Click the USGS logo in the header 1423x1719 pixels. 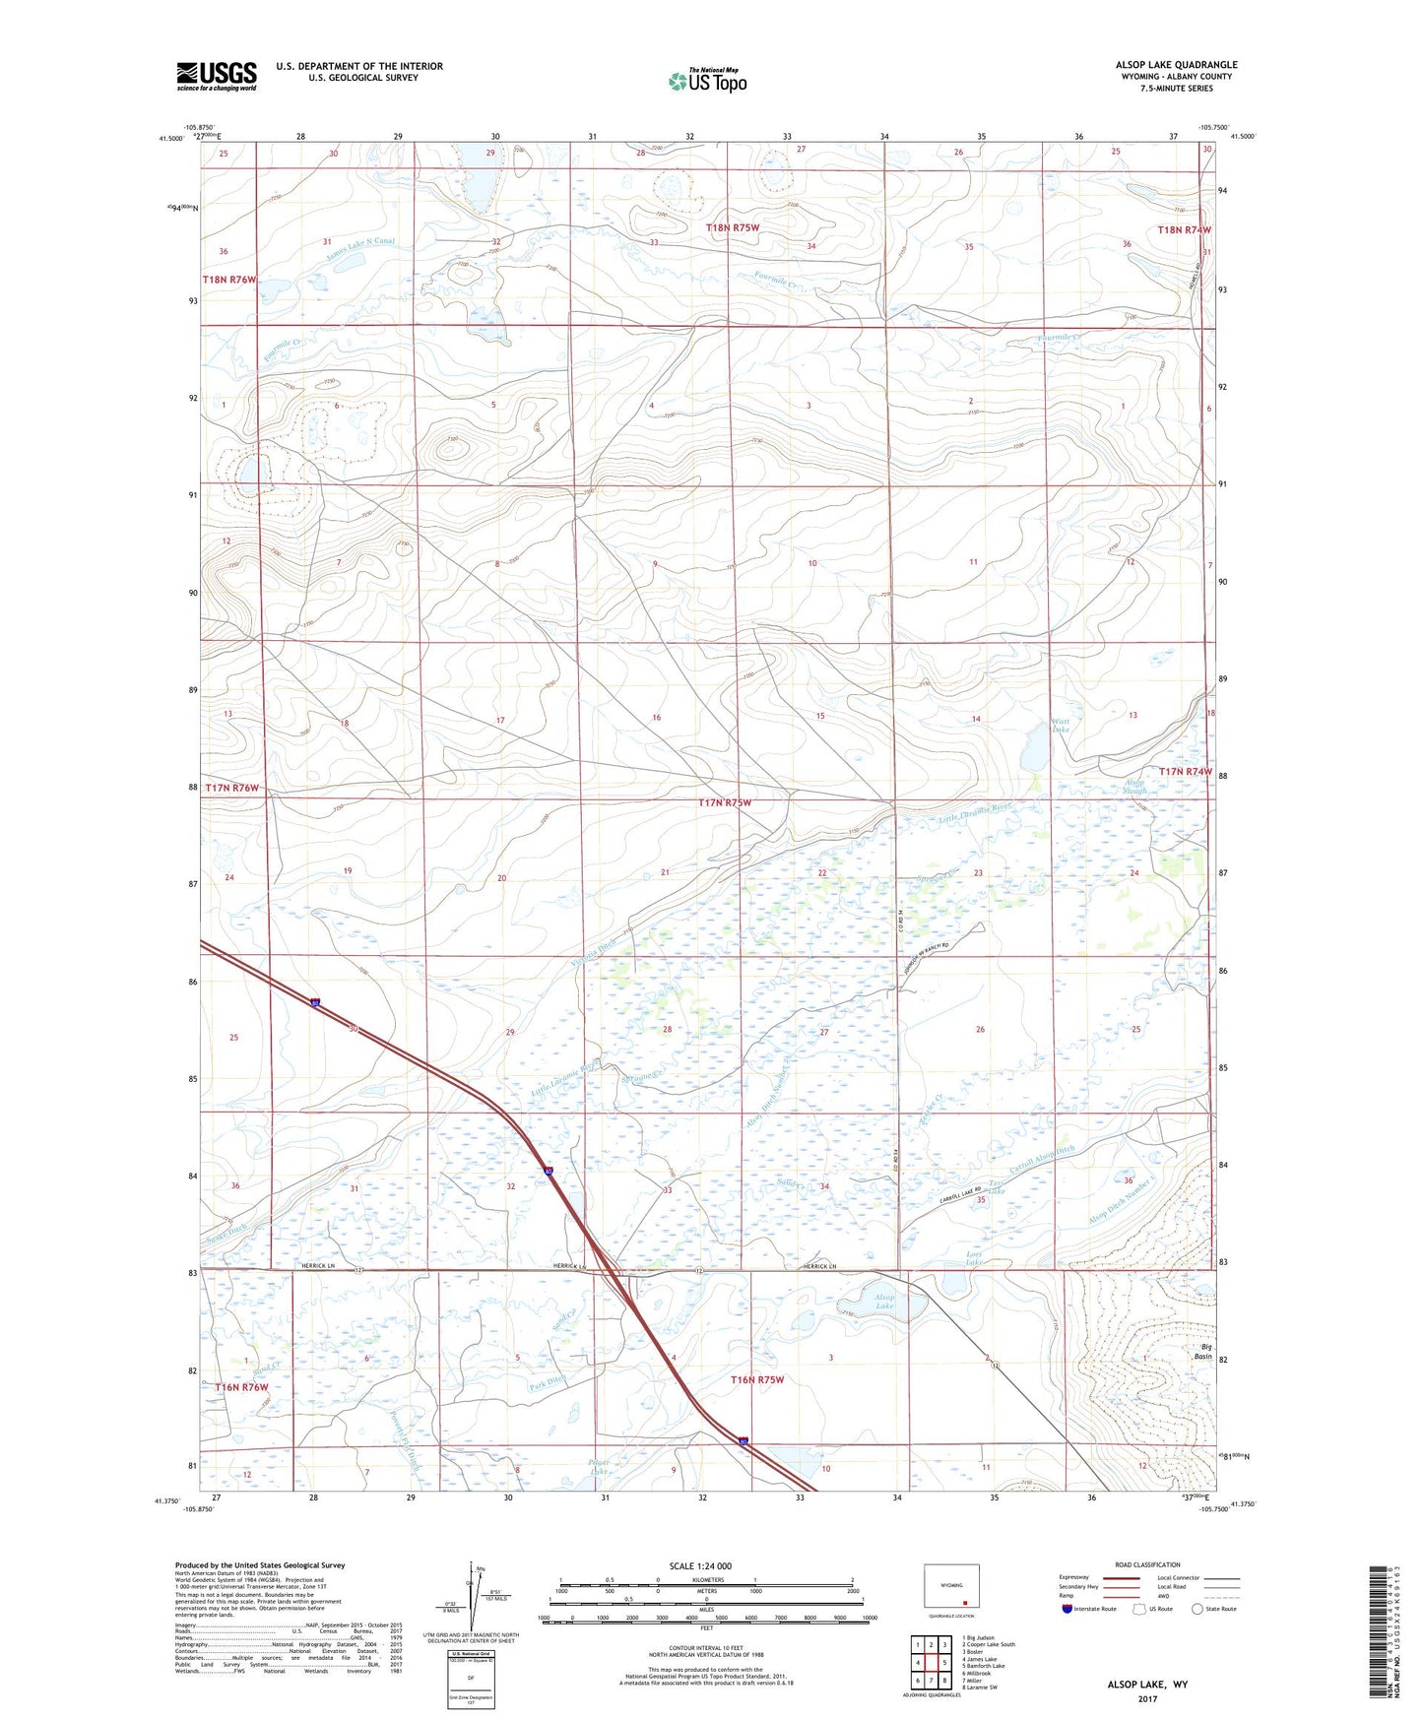tap(217, 76)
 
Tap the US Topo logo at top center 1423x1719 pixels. tap(706, 81)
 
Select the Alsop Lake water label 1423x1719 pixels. tap(884, 1303)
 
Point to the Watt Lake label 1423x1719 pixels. tap(1060, 726)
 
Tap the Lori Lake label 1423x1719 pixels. tap(975, 1258)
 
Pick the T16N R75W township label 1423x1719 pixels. tap(757, 1379)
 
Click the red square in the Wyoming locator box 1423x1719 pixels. tap(965, 1601)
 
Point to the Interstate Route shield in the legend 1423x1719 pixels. tap(1067, 1636)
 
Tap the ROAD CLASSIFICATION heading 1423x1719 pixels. tap(1148, 1564)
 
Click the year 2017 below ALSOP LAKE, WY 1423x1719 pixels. tap(1147, 1698)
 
